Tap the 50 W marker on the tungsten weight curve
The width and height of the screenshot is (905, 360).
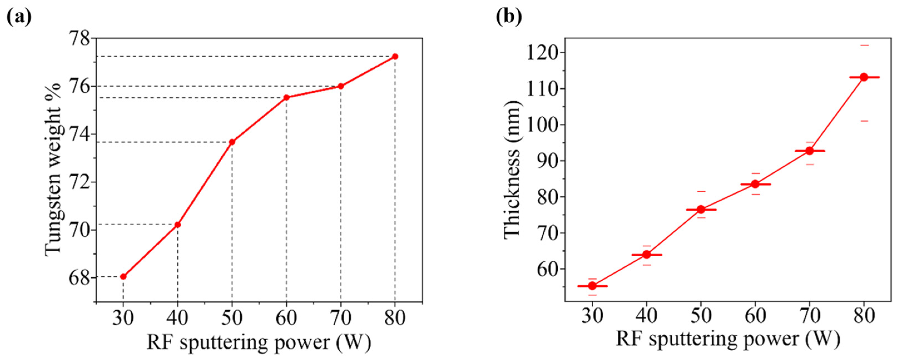(232, 142)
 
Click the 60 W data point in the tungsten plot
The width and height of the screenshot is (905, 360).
(286, 97)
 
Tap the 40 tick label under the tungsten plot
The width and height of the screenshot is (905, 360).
(177, 319)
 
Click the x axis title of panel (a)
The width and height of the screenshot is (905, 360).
(259, 342)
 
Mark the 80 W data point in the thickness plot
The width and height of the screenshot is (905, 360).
(864, 77)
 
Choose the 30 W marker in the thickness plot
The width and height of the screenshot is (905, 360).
(592, 286)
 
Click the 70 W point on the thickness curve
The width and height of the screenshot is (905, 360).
(809, 151)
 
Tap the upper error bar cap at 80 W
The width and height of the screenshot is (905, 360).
(864, 45)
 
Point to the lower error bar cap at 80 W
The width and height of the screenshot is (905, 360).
(864, 121)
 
